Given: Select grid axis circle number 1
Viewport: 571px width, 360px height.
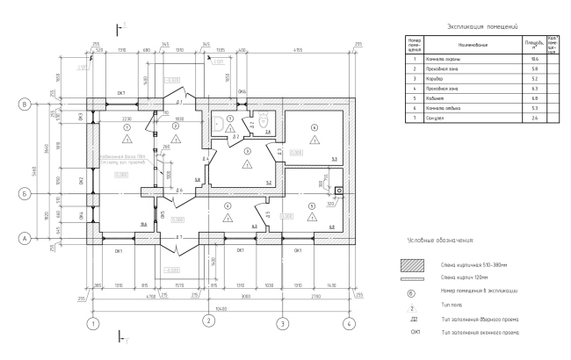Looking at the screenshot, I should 91,322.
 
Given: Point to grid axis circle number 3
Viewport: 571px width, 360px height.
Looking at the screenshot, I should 282,322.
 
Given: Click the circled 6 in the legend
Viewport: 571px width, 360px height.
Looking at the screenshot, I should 412,288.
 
